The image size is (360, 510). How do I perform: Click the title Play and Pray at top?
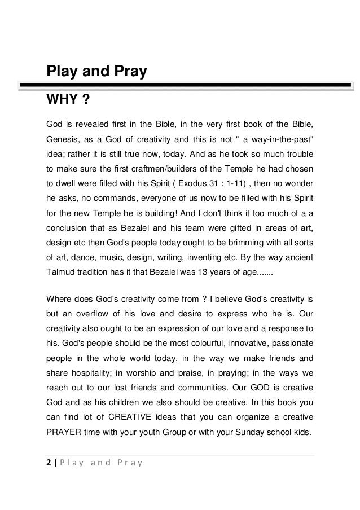pyautogui.click(x=96, y=72)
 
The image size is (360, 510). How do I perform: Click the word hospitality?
pyautogui.click(x=98, y=373)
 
